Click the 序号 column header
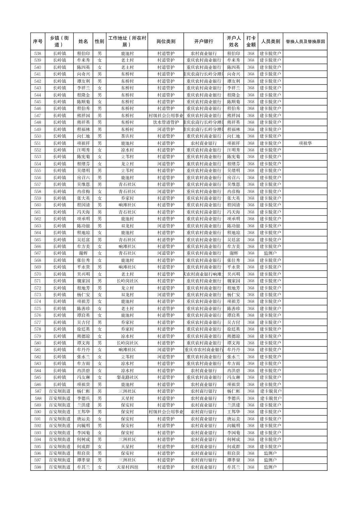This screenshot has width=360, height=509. [x=38, y=42]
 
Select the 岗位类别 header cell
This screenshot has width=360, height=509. [x=166, y=42]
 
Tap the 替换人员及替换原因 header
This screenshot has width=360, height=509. [x=305, y=42]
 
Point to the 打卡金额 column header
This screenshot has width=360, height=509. [x=251, y=42]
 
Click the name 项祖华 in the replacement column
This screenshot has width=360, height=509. [x=305, y=143]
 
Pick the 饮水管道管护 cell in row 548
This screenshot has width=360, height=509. [x=166, y=122]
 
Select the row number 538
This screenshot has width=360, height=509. [x=38, y=53]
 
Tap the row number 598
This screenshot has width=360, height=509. [x=38, y=467]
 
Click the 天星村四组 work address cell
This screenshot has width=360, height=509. [x=127, y=467]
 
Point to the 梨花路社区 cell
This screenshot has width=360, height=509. [x=127, y=377]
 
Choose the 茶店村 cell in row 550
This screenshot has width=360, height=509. [x=127, y=136]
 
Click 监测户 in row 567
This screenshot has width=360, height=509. [x=270, y=253]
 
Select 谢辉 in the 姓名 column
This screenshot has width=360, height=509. [x=83, y=253]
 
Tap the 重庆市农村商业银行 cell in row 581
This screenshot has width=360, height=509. [x=203, y=350]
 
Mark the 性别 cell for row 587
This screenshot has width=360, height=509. [x=100, y=391]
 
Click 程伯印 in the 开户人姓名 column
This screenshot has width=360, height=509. [x=234, y=53]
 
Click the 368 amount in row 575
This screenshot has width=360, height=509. [x=251, y=308]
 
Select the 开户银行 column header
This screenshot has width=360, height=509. [x=203, y=42]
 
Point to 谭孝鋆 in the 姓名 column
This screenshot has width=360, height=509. [x=83, y=460]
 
